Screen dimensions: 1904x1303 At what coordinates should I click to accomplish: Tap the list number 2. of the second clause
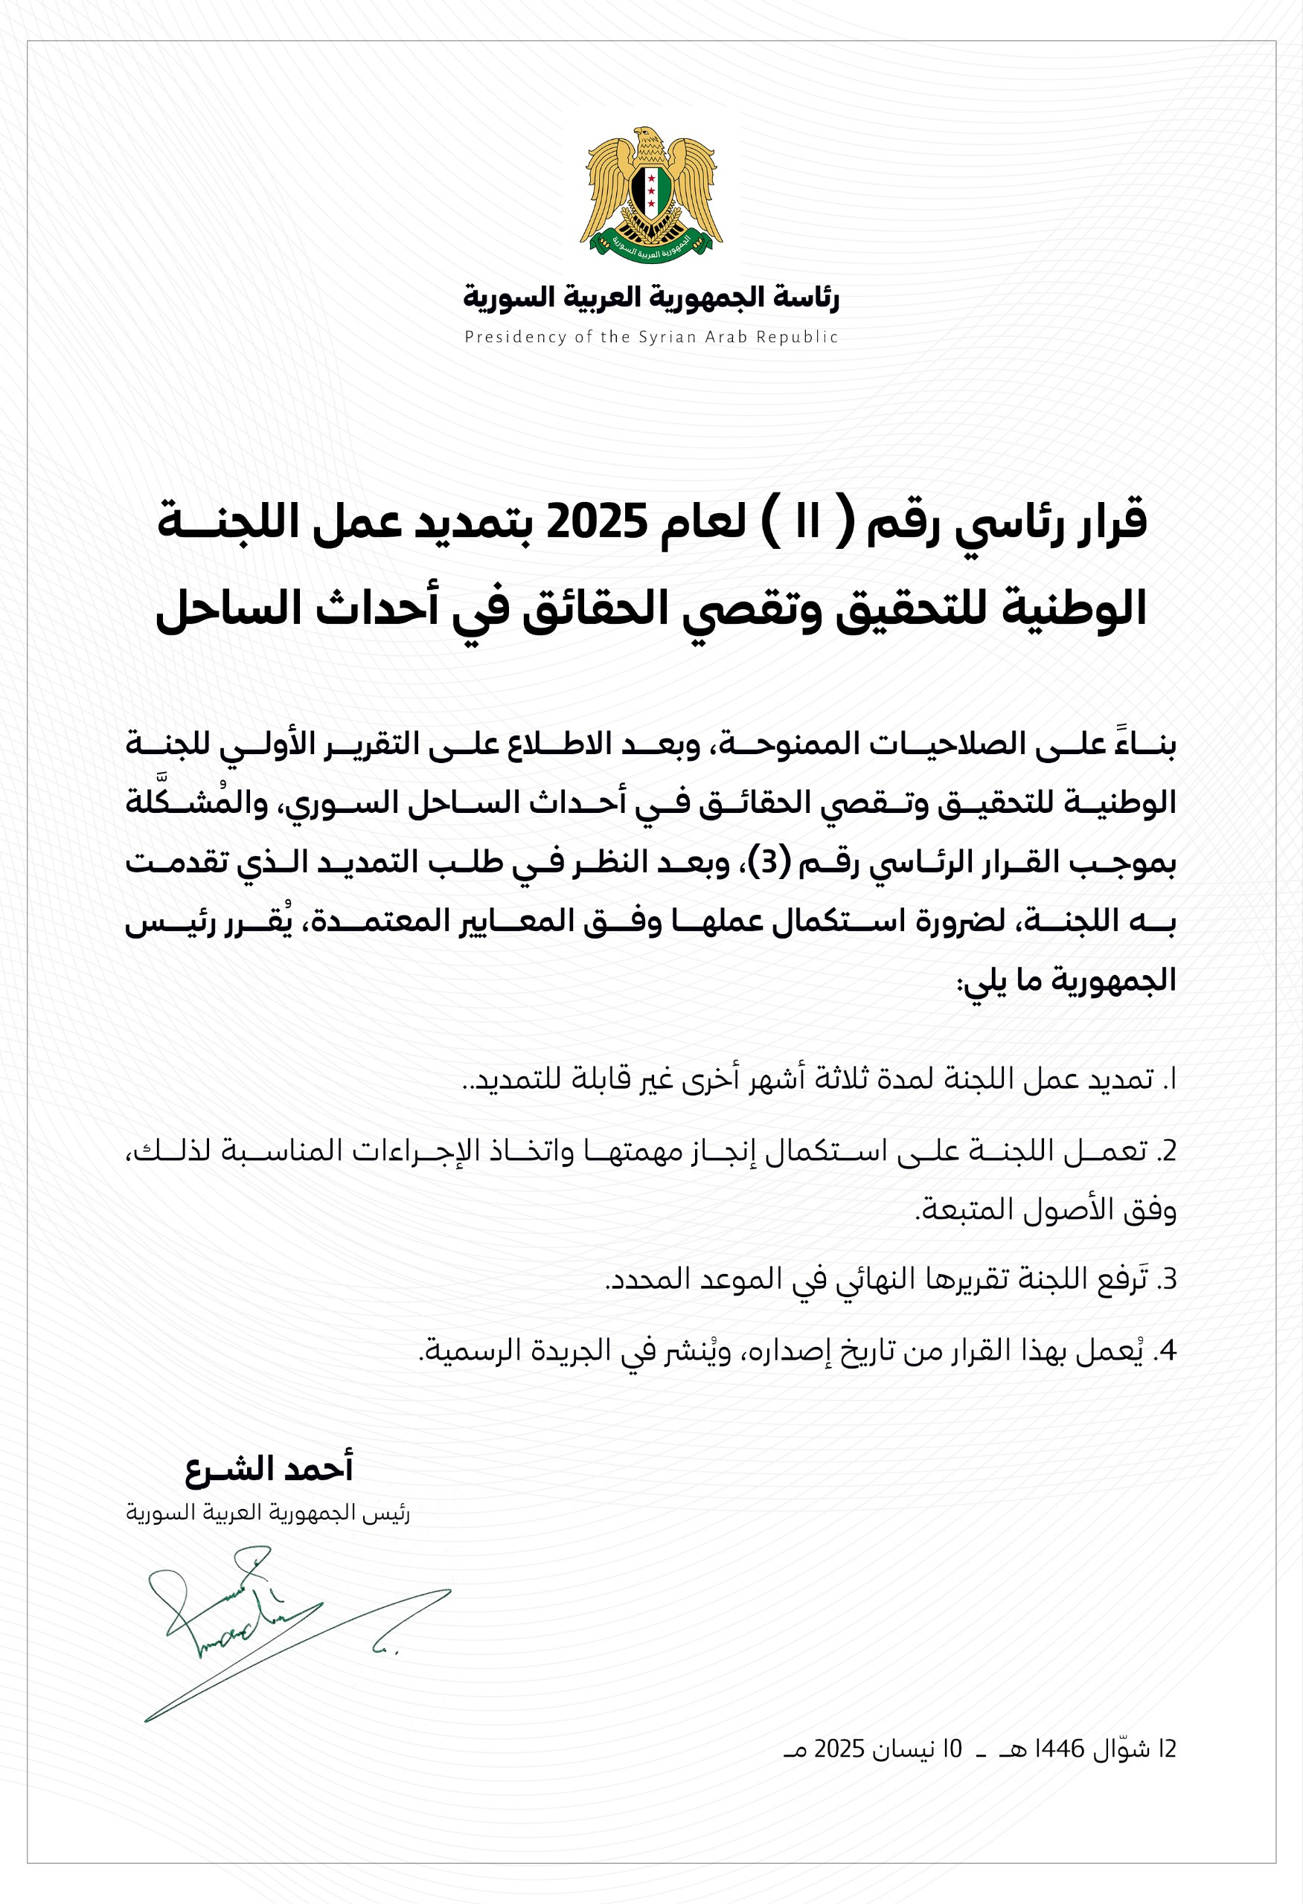[x=1167, y=1151]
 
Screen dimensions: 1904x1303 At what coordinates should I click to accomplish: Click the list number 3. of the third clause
[x=1167, y=1279]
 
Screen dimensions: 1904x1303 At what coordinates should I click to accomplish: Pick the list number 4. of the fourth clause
[x=1167, y=1351]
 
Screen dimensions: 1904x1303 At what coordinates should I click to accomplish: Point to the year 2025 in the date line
[x=840, y=1749]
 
